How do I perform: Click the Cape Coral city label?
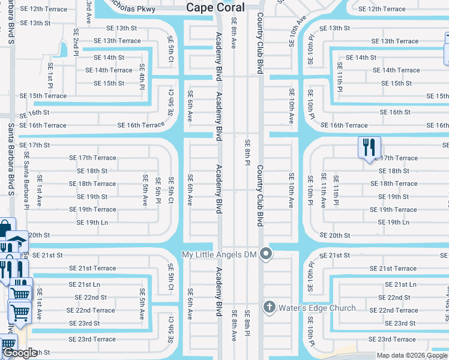pos(215,8)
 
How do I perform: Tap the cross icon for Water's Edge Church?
pos(269,308)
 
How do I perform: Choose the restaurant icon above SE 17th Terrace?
pos(368,146)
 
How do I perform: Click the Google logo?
pos(19,353)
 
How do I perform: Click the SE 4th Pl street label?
pos(142,76)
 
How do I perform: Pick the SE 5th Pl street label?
pos(158,189)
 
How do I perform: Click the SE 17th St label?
pos(34,145)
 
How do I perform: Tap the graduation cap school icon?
pos(17,239)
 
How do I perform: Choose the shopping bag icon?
pos(5,229)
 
